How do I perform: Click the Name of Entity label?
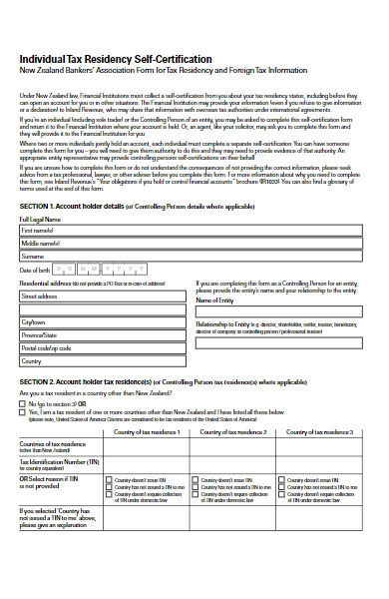[x=215, y=299]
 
